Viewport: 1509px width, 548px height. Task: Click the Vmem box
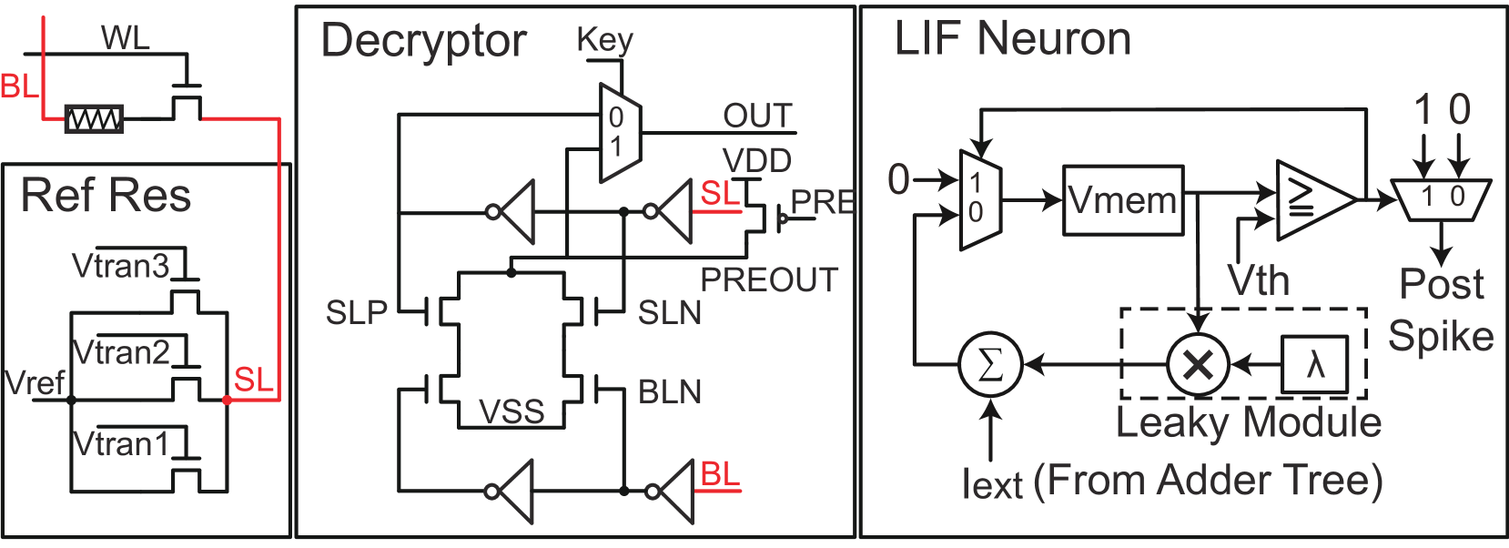1123,200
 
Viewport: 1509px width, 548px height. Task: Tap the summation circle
990,365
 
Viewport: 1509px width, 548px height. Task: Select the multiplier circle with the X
1198,365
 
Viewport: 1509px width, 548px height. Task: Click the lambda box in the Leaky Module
1314,365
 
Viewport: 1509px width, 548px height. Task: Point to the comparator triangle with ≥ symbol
1311,200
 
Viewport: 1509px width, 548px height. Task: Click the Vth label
1258,280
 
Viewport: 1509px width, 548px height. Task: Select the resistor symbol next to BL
95,119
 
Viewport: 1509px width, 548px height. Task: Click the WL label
125,38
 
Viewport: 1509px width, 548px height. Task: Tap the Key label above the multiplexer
604,40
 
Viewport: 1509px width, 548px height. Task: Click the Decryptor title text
423,41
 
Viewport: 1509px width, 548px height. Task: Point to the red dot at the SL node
227,400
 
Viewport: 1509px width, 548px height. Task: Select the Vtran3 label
120,266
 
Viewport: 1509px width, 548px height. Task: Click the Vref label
35,382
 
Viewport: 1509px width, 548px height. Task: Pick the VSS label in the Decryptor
511,411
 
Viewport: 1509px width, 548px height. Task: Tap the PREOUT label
769,279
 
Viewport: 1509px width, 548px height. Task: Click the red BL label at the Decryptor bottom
719,474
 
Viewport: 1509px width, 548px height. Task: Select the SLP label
356,313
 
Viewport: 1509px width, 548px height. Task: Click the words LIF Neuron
1012,39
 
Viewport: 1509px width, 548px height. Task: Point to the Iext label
992,484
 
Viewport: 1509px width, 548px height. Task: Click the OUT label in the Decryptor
757,116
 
